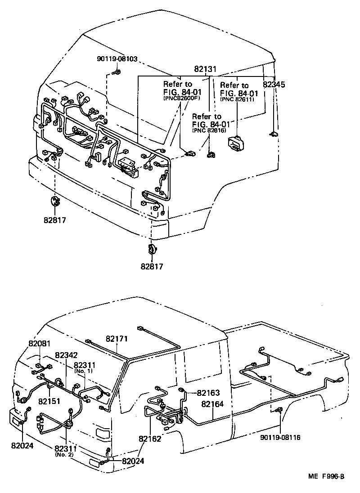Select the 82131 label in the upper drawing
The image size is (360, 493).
(x=206, y=70)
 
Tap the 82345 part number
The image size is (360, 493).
(x=274, y=84)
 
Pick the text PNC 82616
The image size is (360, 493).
(x=209, y=130)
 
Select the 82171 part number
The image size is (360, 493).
(x=117, y=338)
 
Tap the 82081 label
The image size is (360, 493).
(x=40, y=344)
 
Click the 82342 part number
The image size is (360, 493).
(x=67, y=355)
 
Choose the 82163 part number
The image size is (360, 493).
(x=207, y=393)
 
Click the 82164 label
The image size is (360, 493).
(x=212, y=404)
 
